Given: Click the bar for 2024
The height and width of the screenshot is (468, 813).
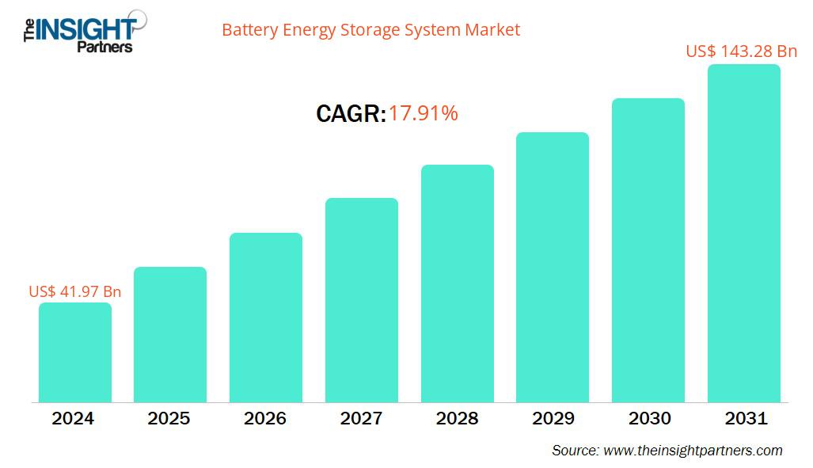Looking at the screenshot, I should (75, 352).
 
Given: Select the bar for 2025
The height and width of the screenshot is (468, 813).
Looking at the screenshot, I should (170, 334).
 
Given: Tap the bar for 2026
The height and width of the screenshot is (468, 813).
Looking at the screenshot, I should (266, 317).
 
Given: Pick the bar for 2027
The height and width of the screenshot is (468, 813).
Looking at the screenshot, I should (362, 299).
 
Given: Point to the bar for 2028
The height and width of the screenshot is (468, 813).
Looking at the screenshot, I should (457, 283).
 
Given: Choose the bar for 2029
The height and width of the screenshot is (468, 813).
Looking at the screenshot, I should (553, 267).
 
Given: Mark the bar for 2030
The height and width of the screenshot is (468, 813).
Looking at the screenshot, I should (648, 250).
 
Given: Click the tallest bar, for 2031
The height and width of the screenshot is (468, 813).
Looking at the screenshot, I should (743, 233).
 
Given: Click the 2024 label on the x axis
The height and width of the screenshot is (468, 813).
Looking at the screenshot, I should (74, 418).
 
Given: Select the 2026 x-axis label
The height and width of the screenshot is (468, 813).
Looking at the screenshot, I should (265, 418).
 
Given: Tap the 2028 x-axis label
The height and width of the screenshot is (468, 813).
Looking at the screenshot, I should (457, 418).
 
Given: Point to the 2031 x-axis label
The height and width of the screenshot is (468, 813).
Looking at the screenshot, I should (745, 418).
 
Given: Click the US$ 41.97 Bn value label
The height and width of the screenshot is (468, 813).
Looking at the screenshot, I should (75, 291).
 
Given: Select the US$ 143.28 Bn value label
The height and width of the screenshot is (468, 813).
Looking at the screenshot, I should (741, 51).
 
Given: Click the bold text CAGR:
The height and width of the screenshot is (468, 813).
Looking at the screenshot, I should (351, 115).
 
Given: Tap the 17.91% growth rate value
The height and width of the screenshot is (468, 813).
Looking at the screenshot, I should (423, 114).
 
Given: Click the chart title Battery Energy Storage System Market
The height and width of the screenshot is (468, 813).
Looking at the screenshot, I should (370, 30).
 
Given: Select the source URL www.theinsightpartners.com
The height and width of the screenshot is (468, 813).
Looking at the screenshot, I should (693, 451).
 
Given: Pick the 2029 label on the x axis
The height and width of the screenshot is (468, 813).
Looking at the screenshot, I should (553, 418).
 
